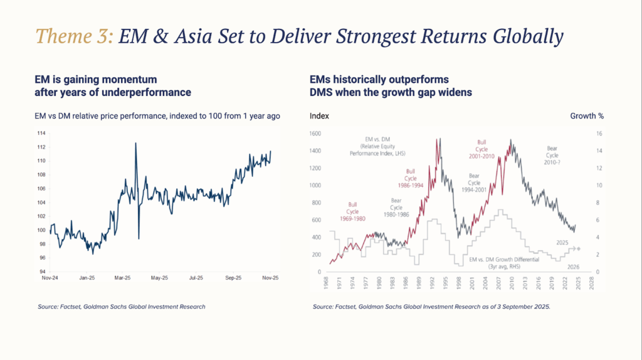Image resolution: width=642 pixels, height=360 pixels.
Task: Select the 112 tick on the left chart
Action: (x=42, y=147)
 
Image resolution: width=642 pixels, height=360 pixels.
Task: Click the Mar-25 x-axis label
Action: (x=123, y=277)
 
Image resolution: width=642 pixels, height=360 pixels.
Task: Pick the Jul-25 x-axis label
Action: (x=196, y=277)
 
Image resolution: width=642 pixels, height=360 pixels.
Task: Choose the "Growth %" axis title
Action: (x=587, y=116)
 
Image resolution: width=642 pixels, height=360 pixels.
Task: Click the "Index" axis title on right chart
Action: (x=319, y=116)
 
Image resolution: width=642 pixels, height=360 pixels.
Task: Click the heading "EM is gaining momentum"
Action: (x=95, y=80)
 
